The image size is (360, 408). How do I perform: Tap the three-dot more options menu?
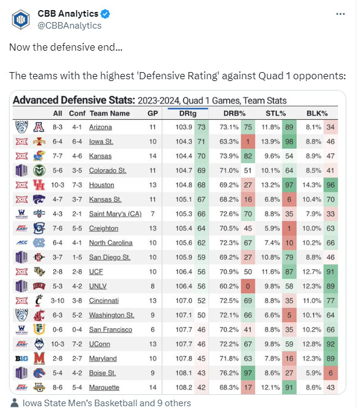pos(340,14)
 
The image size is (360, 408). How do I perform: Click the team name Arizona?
pos(100,127)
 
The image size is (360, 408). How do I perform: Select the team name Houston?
pos(101,185)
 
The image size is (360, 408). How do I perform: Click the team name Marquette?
pos(105,387)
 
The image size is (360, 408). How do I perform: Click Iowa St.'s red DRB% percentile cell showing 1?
pos(246,141)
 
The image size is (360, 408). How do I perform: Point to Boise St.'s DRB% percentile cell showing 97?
pos(246,373)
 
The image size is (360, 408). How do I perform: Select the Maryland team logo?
pos(22,359)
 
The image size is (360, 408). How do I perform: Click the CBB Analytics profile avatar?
pos(21,20)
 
